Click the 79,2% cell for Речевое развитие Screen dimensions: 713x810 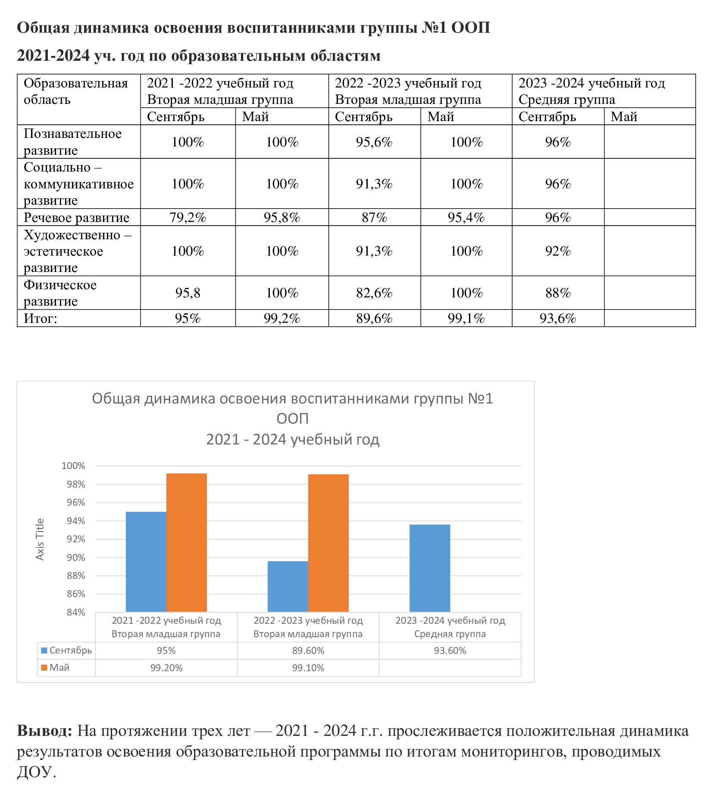click(188, 218)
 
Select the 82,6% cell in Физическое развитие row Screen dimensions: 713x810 click(374, 293)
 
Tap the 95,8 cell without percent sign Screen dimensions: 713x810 click(188, 293)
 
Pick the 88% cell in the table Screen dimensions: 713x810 click(558, 293)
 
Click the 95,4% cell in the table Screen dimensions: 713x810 click(466, 218)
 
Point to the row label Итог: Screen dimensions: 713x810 click(41, 319)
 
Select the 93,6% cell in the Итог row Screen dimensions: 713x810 click(558, 319)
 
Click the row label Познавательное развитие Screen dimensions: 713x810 click(72, 142)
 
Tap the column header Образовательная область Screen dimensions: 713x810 click(76, 91)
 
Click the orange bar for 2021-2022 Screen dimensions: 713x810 click(187, 543)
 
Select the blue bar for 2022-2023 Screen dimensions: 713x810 click(288, 587)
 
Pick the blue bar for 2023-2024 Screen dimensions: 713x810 click(430, 568)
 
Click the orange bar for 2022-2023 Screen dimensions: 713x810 click(328, 543)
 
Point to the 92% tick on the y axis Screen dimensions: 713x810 click(76, 539)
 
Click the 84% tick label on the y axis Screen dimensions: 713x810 click(76, 613)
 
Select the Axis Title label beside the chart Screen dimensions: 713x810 click(40, 539)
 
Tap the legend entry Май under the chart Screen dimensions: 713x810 click(55, 668)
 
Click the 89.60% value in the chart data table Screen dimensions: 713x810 click(308, 651)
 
